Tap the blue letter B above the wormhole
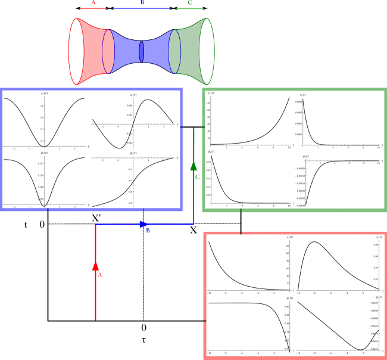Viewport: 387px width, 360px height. (x=142, y=3)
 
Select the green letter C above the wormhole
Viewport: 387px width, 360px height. (x=190, y=3)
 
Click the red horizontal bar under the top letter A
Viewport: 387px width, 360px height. (x=93, y=9)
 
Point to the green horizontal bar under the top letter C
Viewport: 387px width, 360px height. (x=190, y=9)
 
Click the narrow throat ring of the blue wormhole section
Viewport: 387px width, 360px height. (x=142, y=50)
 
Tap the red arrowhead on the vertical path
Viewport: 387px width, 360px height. (x=95, y=266)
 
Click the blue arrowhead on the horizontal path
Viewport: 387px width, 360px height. (x=144, y=224)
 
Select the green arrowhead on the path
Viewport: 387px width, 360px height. (x=193, y=166)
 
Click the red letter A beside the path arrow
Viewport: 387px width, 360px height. (x=100, y=275)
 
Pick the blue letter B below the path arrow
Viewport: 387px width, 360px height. (x=148, y=231)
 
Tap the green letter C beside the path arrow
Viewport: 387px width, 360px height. (x=197, y=177)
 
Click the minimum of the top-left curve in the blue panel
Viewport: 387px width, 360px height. (x=44, y=145)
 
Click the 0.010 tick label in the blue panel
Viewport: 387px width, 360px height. (x=129, y=105)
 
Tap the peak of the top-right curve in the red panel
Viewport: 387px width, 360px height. (x=314, y=242)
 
